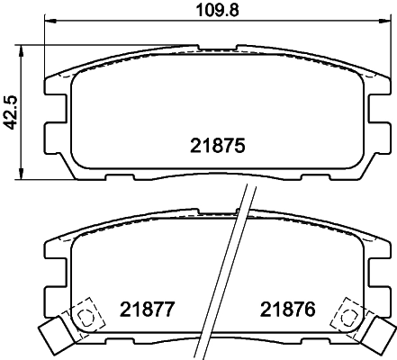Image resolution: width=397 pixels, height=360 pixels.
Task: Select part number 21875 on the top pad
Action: [218, 144]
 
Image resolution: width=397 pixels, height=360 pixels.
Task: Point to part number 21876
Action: [285, 310]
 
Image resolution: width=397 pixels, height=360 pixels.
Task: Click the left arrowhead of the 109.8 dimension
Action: [48, 23]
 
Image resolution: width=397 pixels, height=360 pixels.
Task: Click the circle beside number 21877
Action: [86, 316]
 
